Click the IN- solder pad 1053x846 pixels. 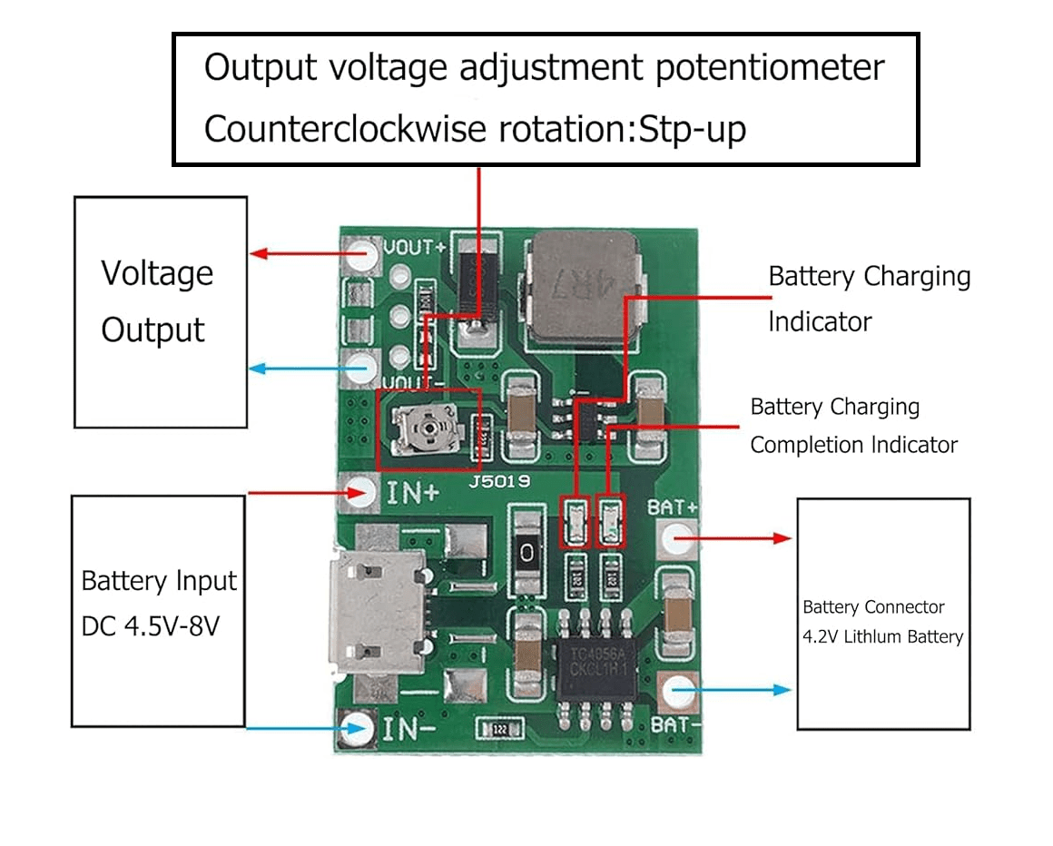[359, 727]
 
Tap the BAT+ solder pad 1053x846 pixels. [675, 538]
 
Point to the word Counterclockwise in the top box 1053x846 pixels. [345, 130]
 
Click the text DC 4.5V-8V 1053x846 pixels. [151, 626]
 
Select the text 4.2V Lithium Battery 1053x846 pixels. [882, 636]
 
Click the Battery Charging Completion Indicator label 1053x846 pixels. [853, 426]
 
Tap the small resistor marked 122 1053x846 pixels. [500, 729]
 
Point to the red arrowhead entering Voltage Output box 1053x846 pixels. [258, 253]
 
